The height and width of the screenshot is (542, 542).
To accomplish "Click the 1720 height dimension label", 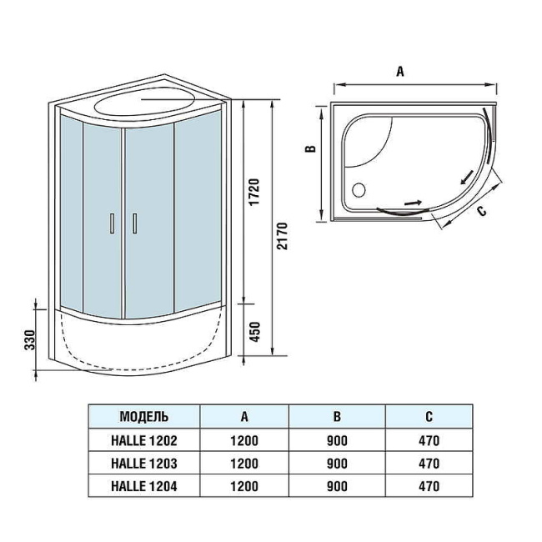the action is click(x=254, y=192).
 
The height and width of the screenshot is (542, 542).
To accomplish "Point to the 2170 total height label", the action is click(x=282, y=236).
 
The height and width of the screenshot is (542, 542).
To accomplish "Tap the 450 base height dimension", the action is click(x=255, y=332).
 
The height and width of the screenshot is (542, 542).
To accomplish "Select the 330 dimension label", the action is click(x=30, y=340).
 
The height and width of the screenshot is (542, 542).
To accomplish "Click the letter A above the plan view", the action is click(x=400, y=72).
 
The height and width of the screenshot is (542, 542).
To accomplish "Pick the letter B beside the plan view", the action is click(x=311, y=148).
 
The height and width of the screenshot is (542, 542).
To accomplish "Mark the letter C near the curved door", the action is click(x=481, y=210).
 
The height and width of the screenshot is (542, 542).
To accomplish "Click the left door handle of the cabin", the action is click(x=112, y=223).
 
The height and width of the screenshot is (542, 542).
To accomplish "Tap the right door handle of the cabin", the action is click(x=134, y=223).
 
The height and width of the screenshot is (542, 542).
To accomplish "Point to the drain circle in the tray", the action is click(x=359, y=190).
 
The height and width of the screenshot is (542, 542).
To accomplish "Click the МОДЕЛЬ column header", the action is click(x=143, y=417).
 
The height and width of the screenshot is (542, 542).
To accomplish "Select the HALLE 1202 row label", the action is click(x=143, y=440).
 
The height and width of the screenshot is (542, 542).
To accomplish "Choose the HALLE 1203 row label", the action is click(x=143, y=463).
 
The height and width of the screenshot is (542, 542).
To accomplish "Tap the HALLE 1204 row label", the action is click(x=143, y=486).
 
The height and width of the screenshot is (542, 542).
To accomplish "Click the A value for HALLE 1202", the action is click(x=244, y=441).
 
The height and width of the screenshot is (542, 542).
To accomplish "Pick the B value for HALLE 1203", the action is click(x=337, y=464).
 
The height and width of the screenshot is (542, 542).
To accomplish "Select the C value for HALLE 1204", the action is click(x=429, y=486).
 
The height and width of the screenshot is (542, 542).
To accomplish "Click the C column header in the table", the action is click(x=429, y=417).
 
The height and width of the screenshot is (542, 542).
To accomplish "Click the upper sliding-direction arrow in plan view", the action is click(x=467, y=178).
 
